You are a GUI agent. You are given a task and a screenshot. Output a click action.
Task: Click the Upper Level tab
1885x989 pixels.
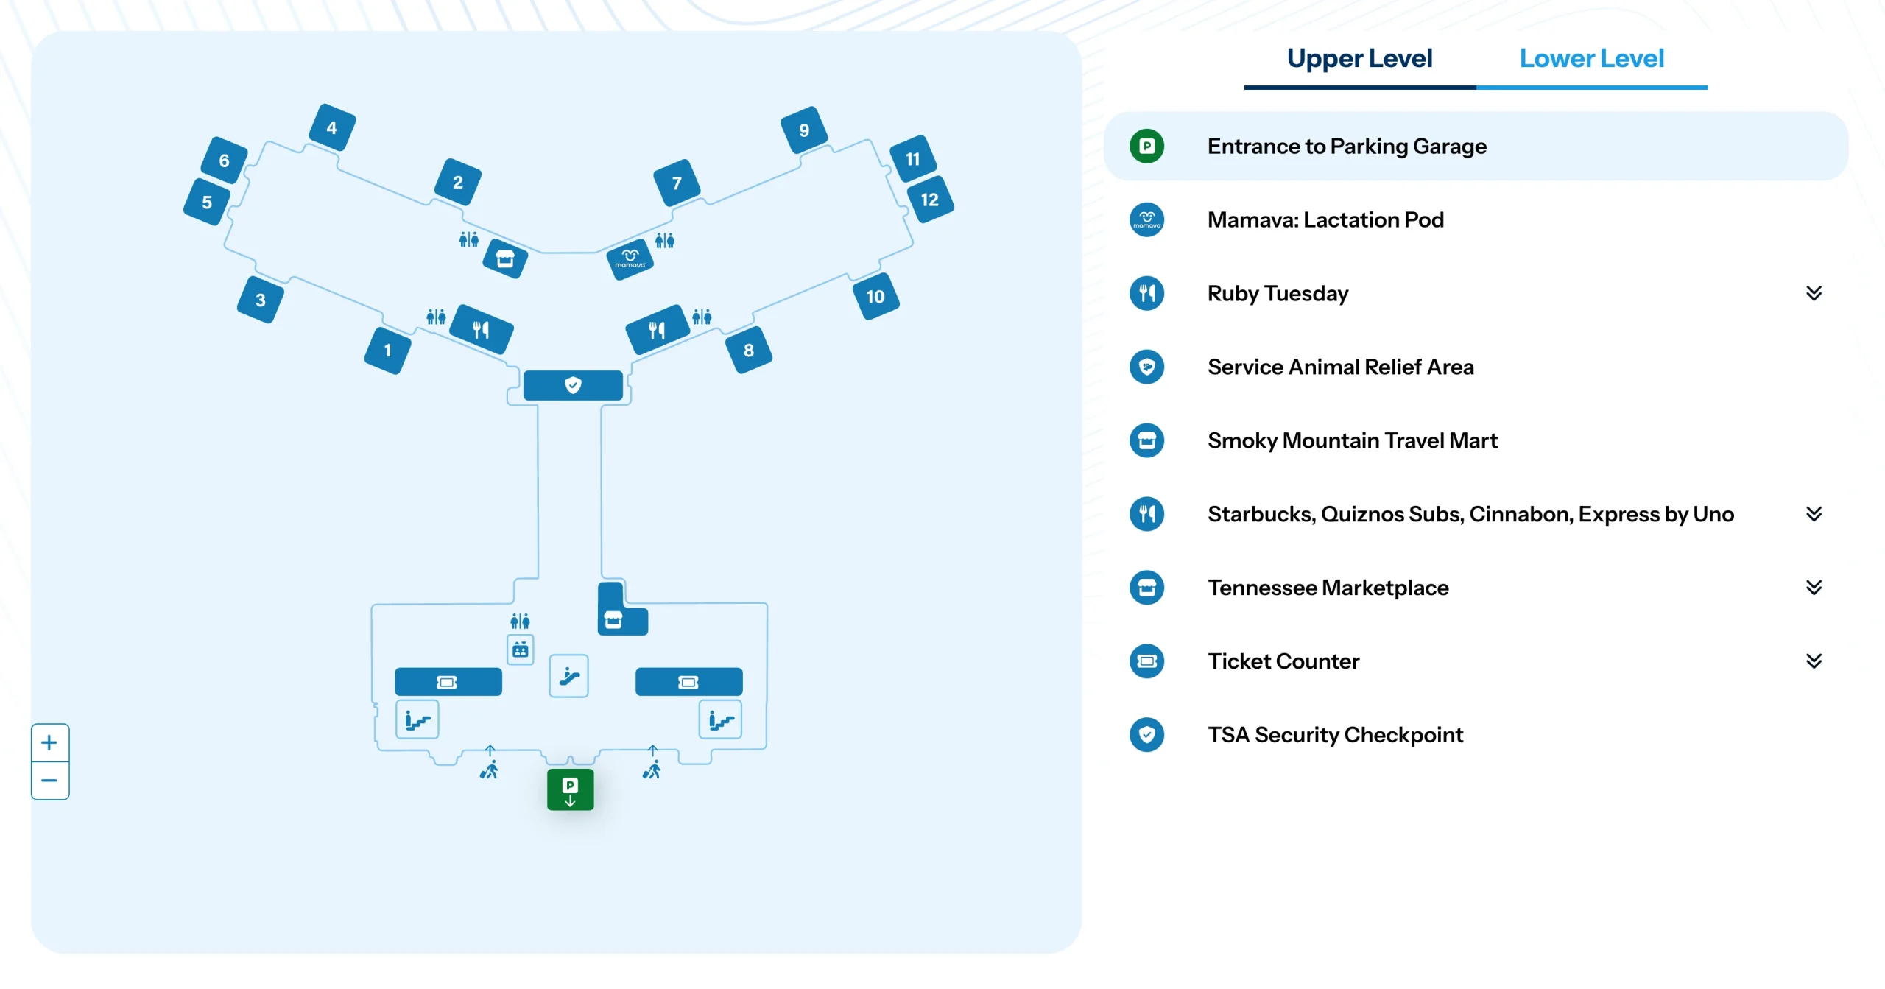(1359, 59)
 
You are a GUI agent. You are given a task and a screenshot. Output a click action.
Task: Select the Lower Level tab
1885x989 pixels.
(1591, 59)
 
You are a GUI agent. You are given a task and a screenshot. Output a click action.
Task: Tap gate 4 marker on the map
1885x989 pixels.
(332, 127)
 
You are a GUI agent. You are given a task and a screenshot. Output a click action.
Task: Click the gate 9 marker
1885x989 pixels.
(804, 130)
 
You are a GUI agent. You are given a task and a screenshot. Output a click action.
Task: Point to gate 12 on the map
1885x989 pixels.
(929, 200)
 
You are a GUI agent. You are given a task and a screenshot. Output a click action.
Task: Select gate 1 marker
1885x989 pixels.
(387, 351)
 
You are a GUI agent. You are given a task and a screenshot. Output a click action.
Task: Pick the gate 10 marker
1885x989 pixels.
(875, 296)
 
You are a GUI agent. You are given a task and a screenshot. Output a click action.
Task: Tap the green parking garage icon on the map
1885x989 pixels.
(570, 789)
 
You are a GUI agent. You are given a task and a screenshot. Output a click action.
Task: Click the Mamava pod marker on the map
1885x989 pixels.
(630, 258)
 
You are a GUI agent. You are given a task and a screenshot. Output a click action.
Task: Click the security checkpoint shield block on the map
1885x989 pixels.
(573, 385)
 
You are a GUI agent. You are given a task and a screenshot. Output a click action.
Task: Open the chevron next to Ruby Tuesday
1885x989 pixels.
(1814, 293)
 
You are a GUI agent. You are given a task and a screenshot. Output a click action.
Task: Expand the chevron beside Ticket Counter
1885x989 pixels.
(1814, 661)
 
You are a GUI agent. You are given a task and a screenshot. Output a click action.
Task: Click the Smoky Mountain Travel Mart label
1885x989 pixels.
(1352, 440)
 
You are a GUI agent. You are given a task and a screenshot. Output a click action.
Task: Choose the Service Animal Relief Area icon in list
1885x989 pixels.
(1146, 367)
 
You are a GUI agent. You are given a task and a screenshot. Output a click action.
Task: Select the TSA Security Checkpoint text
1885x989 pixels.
(1335, 734)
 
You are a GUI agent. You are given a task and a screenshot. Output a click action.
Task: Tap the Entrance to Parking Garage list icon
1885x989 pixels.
(1146, 146)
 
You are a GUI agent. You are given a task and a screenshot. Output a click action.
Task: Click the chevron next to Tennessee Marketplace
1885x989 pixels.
(1814, 587)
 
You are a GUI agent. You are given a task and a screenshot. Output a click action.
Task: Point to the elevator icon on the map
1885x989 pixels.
(520, 650)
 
